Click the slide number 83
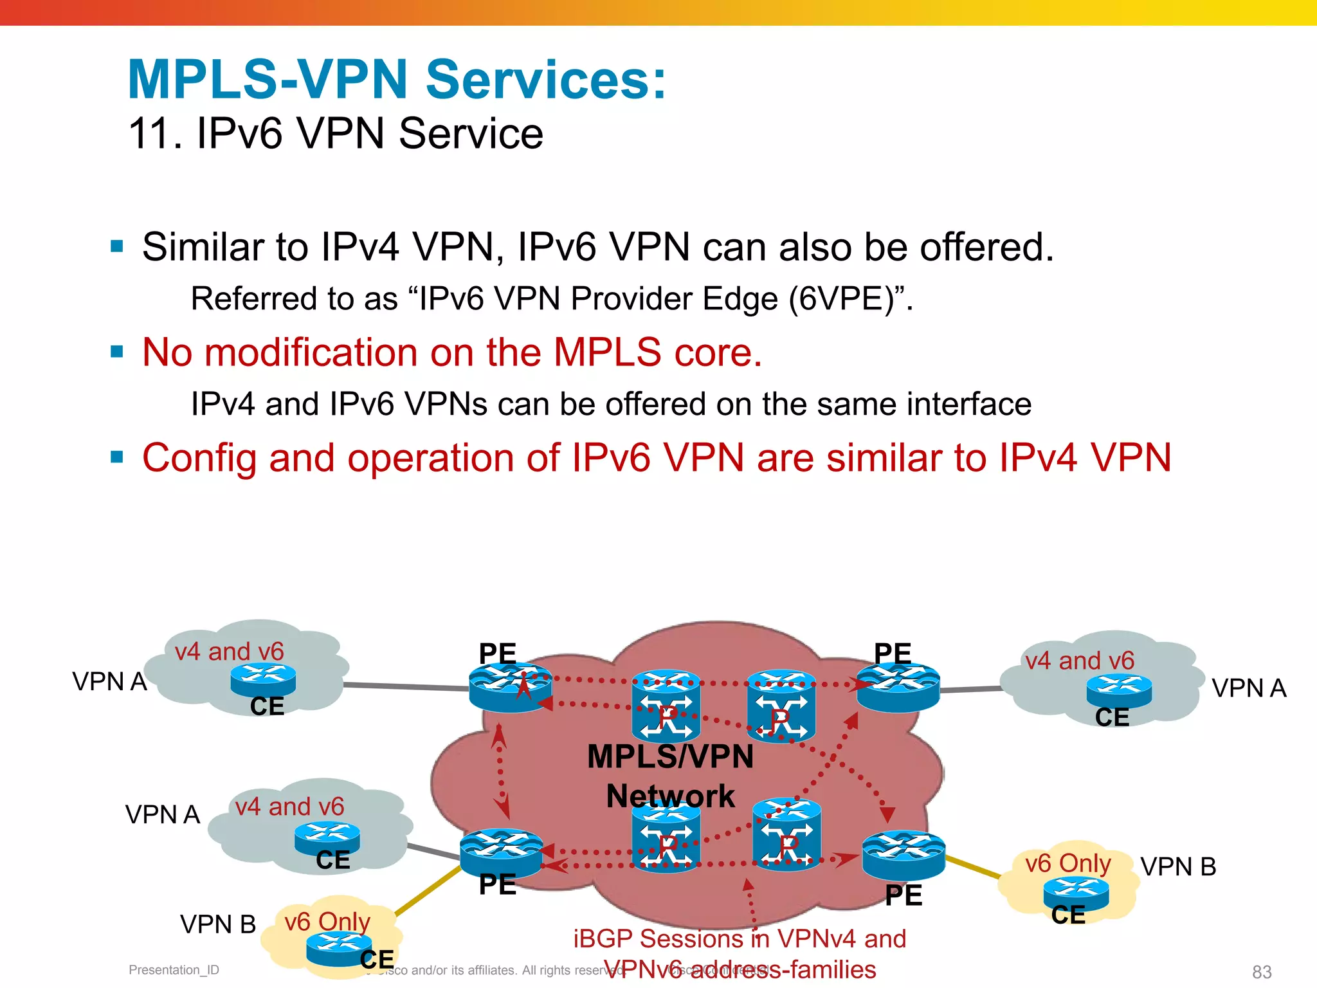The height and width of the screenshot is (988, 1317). point(1261,971)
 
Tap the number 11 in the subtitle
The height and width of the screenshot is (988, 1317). point(150,134)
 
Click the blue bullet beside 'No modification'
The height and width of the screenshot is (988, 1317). point(116,352)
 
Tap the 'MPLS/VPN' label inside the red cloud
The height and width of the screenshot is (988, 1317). point(670,756)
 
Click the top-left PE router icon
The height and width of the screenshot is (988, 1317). point(510,687)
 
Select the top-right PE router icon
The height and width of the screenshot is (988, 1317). point(898,687)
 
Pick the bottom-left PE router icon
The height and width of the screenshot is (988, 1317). point(501,853)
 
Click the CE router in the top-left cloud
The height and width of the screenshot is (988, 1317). point(263,680)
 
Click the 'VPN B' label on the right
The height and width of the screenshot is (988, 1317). point(1178,867)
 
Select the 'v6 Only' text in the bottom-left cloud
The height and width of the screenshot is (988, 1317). point(327,922)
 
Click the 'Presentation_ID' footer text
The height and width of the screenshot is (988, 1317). point(174,970)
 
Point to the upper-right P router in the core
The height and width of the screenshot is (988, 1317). point(781,706)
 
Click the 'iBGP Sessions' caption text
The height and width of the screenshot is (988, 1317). point(740,939)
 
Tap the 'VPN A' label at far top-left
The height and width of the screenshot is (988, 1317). point(109,682)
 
